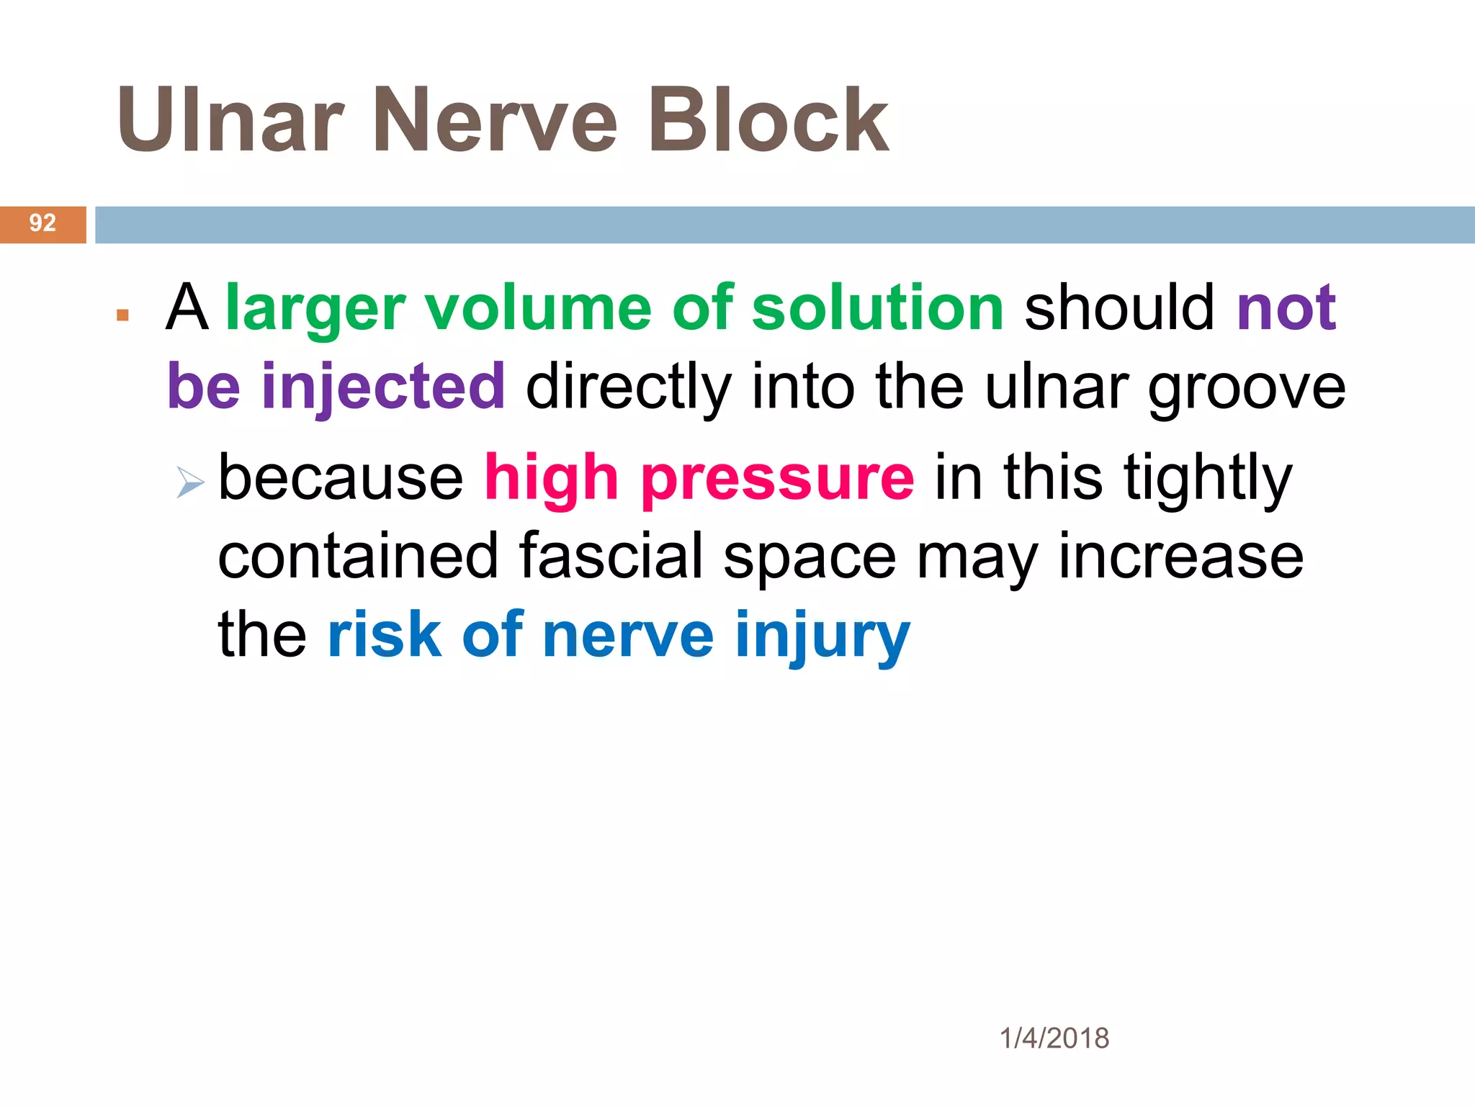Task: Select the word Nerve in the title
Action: [x=495, y=120]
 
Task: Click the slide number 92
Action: [x=42, y=223]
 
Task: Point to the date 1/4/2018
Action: [x=1054, y=1038]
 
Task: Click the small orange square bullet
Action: [x=122, y=315]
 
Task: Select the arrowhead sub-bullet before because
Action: [x=190, y=482]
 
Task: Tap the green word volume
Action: [x=538, y=308]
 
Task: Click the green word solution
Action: [x=877, y=308]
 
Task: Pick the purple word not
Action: [x=1286, y=308]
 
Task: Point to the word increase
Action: [x=1180, y=556]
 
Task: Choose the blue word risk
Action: [x=384, y=635]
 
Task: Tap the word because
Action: [x=341, y=478]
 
